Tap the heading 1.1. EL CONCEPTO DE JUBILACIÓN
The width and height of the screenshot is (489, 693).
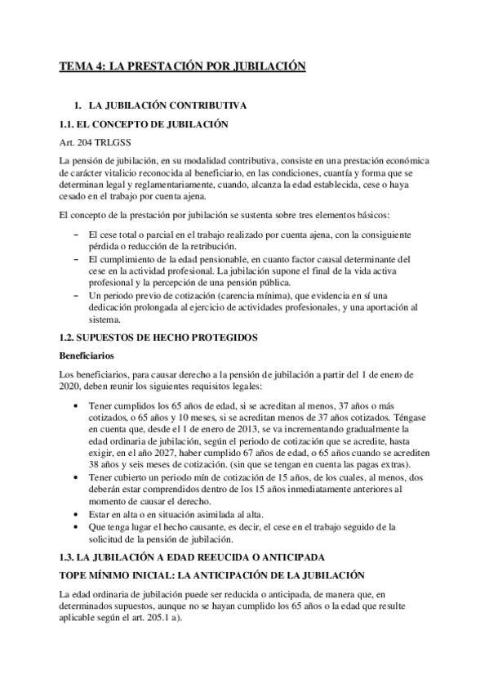tap(145, 124)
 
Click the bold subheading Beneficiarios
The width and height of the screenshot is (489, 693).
tap(90, 355)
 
